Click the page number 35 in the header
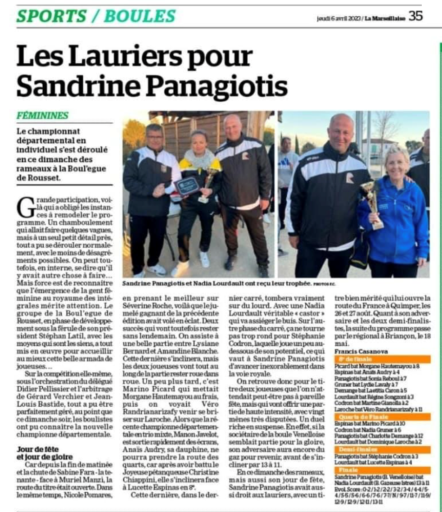[416, 16]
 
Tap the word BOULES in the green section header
[140, 17]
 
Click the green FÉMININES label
[43, 115]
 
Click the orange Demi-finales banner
[360, 449]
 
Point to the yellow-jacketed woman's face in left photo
[198, 141]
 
